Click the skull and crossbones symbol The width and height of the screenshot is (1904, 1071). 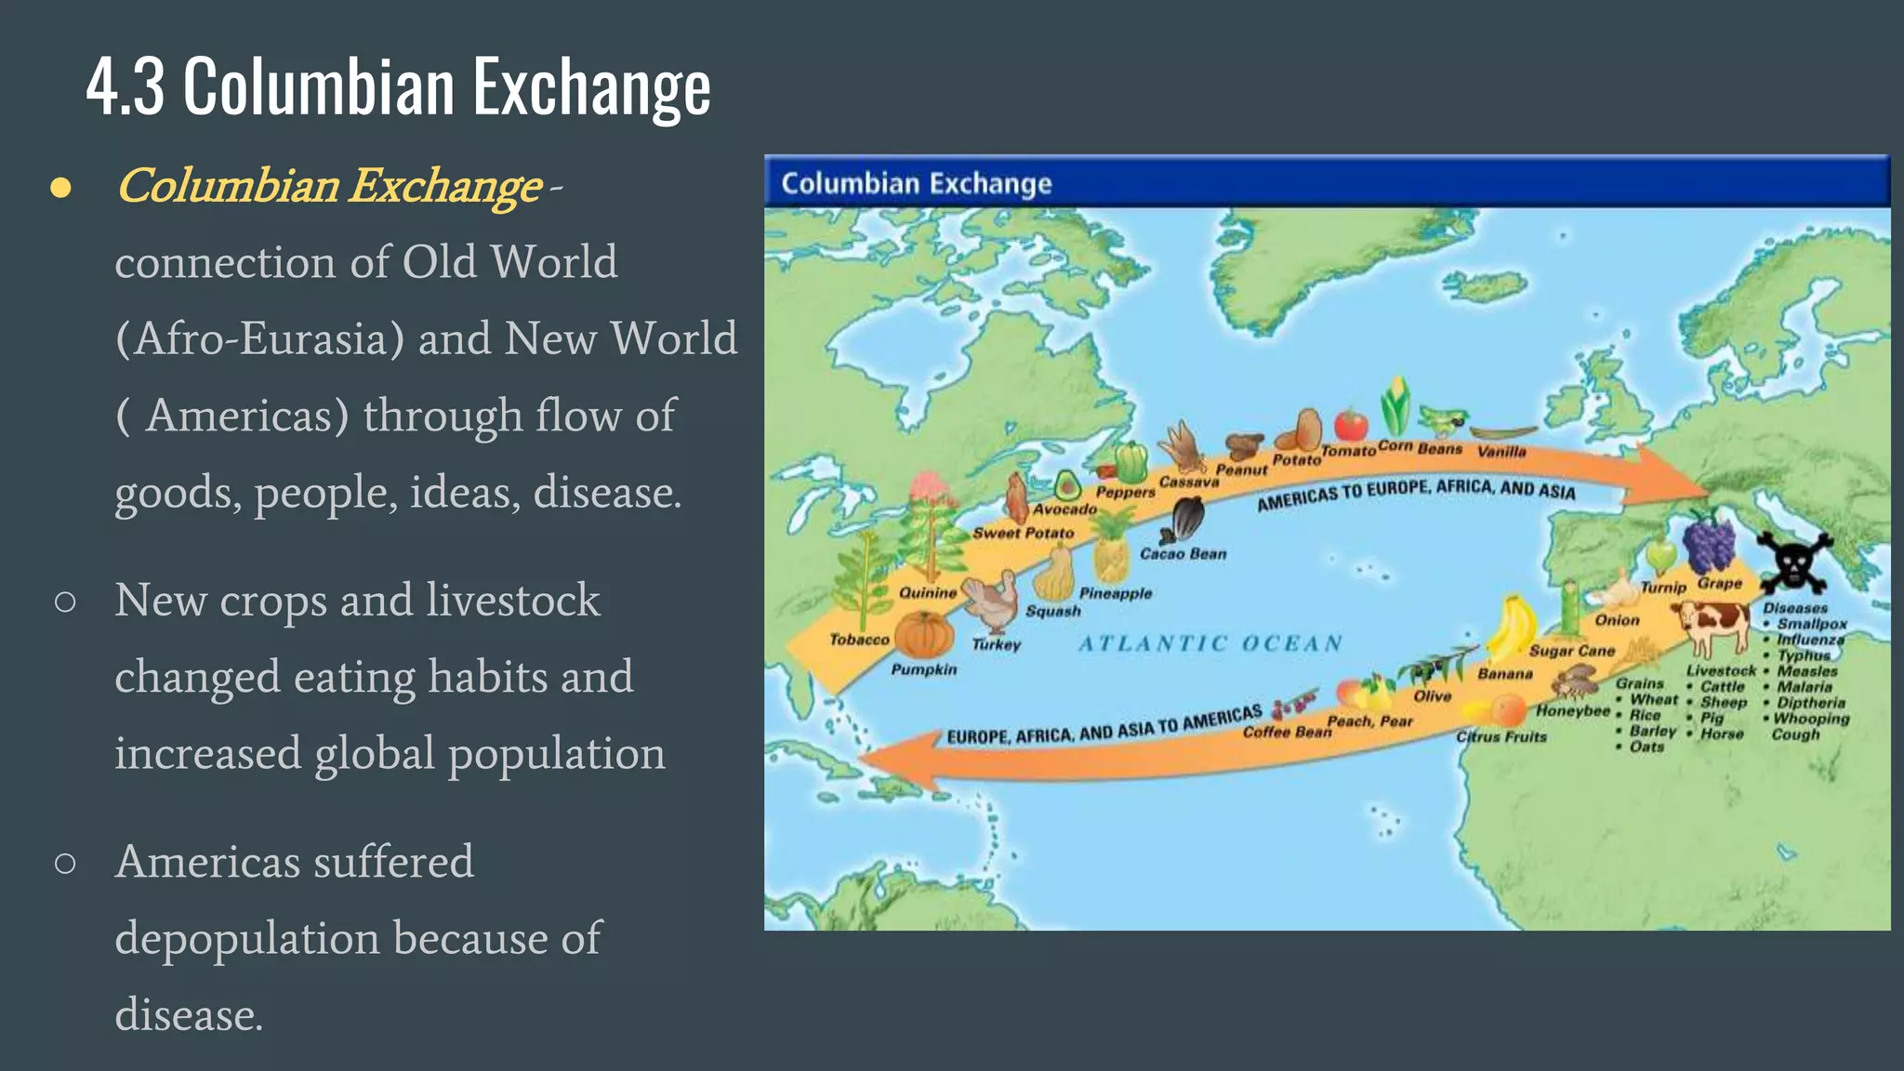coord(1793,562)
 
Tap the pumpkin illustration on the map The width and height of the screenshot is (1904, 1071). coord(924,636)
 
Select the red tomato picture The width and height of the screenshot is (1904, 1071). coord(1351,425)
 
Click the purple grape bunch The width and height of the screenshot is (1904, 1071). coord(1709,544)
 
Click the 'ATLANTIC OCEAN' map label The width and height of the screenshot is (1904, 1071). coord(1210,643)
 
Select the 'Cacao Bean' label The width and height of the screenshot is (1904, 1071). coord(1183,554)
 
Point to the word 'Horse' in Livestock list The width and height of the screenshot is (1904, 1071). coord(1722,734)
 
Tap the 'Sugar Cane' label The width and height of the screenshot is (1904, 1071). coord(1572,651)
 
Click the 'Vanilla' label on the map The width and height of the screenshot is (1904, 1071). coord(1501,451)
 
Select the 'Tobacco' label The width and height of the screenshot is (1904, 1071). coord(859,640)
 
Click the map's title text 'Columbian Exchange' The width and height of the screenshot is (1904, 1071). coord(916,183)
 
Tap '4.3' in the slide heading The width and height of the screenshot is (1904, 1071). coord(126,86)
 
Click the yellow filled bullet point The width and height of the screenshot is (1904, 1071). coord(61,188)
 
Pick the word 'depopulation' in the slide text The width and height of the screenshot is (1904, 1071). coord(247,937)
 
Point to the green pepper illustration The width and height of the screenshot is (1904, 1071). coord(1131,461)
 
